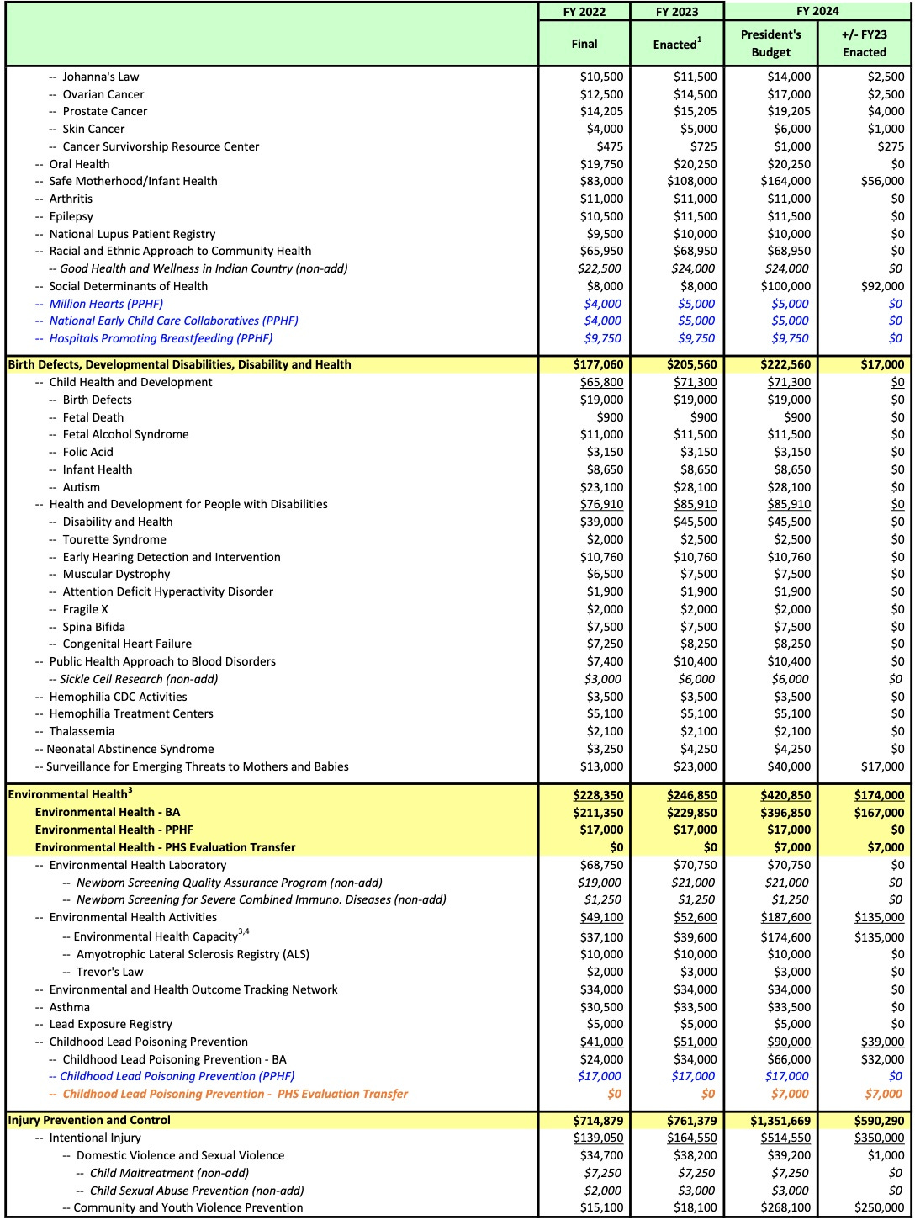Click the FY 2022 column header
584,12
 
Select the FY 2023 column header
678,12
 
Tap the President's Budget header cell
770,43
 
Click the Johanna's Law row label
101,77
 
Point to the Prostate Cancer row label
104,111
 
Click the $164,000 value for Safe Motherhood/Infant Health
789,181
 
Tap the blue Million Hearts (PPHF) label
106,304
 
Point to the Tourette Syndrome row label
114,539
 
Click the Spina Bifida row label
93,627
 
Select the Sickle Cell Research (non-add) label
139,679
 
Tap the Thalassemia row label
82,731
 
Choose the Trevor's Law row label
109,972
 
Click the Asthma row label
69,1007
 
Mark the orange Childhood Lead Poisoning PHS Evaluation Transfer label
235,1094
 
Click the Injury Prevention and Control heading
89,1120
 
